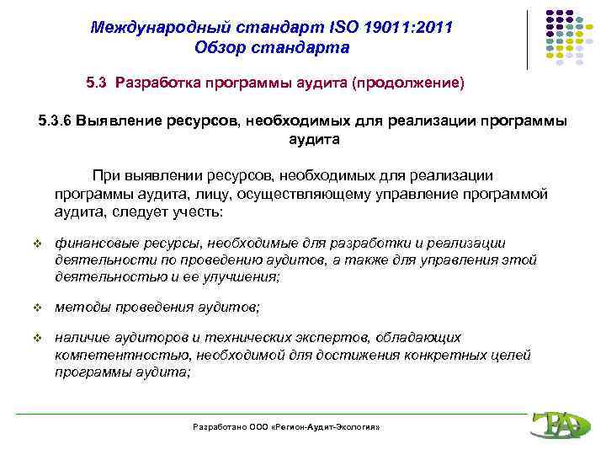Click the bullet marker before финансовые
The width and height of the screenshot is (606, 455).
pos(36,245)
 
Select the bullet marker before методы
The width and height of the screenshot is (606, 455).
pos(36,308)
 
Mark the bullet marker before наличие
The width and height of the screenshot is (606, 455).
pos(36,339)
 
